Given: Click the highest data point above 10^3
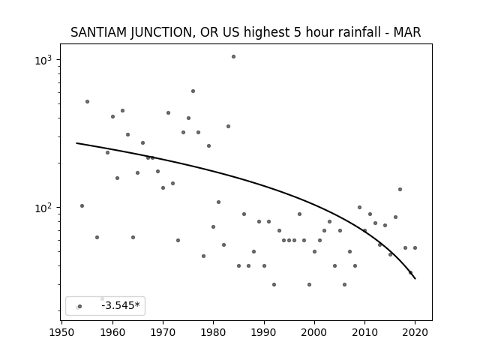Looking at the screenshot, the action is (x=233, y=57).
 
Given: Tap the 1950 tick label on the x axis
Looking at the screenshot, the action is (x=62, y=332).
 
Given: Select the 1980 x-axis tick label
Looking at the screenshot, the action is (x=213, y=332).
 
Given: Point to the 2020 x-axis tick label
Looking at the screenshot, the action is (x=415, y=332).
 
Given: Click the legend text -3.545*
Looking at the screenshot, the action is (x=121, y=305).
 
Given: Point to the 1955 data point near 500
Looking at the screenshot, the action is (x=87, y=102).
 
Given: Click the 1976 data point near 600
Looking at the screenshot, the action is (x=193, y=91).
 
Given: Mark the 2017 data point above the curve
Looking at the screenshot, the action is (x=400, y=190).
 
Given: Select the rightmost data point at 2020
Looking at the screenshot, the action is (x=415, y=248).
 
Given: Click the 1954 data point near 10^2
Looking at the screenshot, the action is (x=82, y=206).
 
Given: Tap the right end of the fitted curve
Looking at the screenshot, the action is (x=415, y=279).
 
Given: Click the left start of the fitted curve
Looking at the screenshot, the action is (x=76, y=143).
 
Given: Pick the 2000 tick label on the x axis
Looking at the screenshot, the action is (x=314, y=332).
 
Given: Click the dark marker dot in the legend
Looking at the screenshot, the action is (x=80, y=307).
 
